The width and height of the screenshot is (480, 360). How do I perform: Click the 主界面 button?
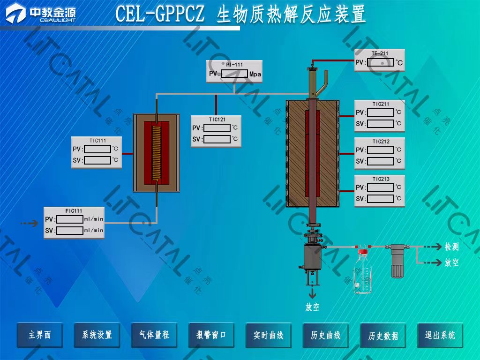[39, 335]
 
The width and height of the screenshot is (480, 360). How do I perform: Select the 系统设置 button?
[97, 335]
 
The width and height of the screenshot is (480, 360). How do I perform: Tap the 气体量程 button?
[154, 335]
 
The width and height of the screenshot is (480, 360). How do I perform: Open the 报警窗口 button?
[211, 335]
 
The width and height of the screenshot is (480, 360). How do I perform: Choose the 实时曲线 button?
[269, 335]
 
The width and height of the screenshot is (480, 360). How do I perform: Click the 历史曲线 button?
[326, 335]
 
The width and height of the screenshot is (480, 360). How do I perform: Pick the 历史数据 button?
[383, 336]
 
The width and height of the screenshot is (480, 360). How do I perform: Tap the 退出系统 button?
[440, 335]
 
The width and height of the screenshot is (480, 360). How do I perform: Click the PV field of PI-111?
[234, 74]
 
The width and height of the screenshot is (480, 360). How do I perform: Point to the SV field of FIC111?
[70, 231]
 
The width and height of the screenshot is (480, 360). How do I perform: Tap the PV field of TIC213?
[380, 187]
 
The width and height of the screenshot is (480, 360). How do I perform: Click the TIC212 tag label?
[381, 142]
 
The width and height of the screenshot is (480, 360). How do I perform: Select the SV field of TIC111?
[98, 160]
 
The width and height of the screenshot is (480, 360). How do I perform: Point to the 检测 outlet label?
[451, 247]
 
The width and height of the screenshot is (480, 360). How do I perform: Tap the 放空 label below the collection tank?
[312, 307]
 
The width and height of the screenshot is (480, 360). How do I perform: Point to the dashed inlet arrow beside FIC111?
[30, 224]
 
